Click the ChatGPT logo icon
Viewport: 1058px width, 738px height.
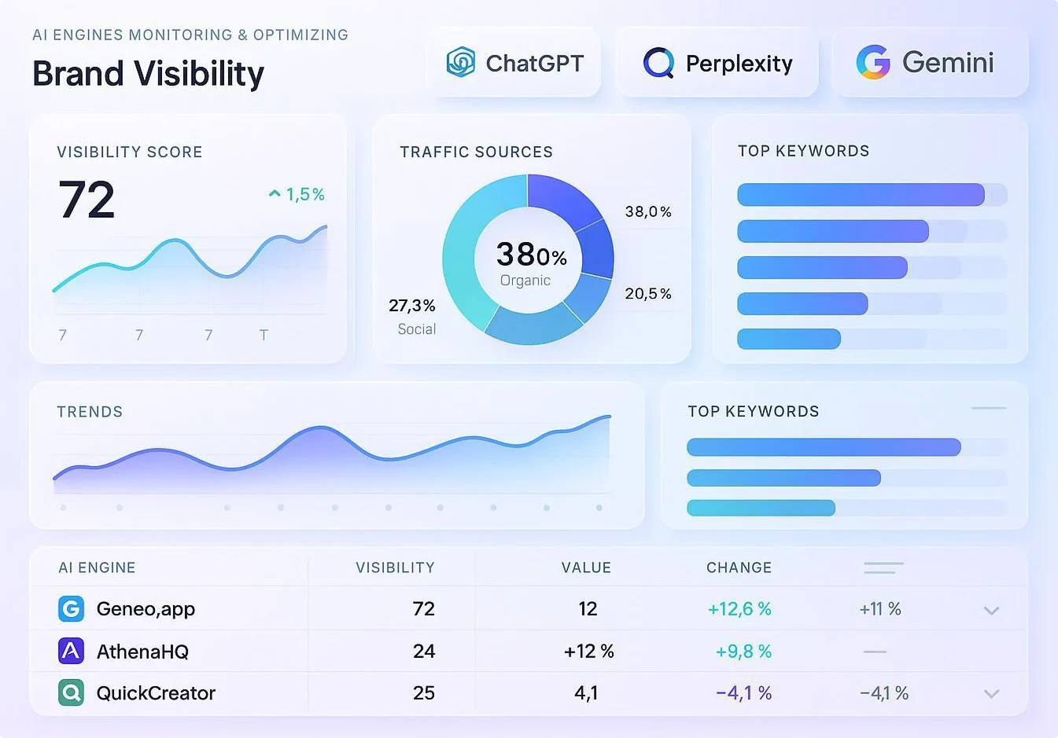(x=460, y=62)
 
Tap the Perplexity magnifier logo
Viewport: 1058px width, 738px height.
(x=658, y=63)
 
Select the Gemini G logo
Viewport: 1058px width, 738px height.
(x=873, y=62)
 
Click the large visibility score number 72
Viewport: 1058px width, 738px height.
(x=87, y=200)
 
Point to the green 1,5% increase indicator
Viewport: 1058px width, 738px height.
(x=297, y=194)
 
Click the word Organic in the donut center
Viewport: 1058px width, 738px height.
(x=525, y=281)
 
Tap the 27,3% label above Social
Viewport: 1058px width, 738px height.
(x=412, y=305)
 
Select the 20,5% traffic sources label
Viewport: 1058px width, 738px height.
(x=648, y=293)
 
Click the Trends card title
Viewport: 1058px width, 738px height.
(x=90, y=412)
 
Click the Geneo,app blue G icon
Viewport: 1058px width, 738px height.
(x=71, y=608)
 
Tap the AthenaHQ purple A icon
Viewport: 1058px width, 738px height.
(x=71, y=651)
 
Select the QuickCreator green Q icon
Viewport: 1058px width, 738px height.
(x=71, y=692)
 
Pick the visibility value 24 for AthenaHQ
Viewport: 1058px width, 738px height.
(x=424, y=652)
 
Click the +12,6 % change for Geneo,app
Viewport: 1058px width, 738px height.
(x=739, y=608)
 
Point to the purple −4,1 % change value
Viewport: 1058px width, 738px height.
(x=744, y=692)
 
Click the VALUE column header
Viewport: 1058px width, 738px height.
(x=586, y=567)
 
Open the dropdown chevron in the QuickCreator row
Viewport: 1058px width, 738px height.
(x=991, y=694)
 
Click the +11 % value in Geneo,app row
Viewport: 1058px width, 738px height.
(x=880, y=608)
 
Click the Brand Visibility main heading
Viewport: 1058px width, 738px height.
(x=149, y=74)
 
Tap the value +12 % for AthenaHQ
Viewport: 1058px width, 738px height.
(x=589, y=652)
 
